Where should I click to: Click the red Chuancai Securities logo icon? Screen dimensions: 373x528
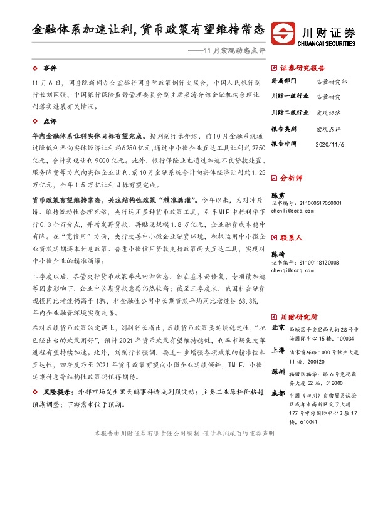point(286,33)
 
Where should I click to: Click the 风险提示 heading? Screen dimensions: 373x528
point(56,392)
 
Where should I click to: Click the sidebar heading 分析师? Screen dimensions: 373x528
point(292,178)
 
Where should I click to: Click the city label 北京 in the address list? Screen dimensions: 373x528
point(278,328)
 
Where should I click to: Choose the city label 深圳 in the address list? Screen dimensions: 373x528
point(278,372)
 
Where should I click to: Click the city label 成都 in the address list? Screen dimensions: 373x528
point(278,394)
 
